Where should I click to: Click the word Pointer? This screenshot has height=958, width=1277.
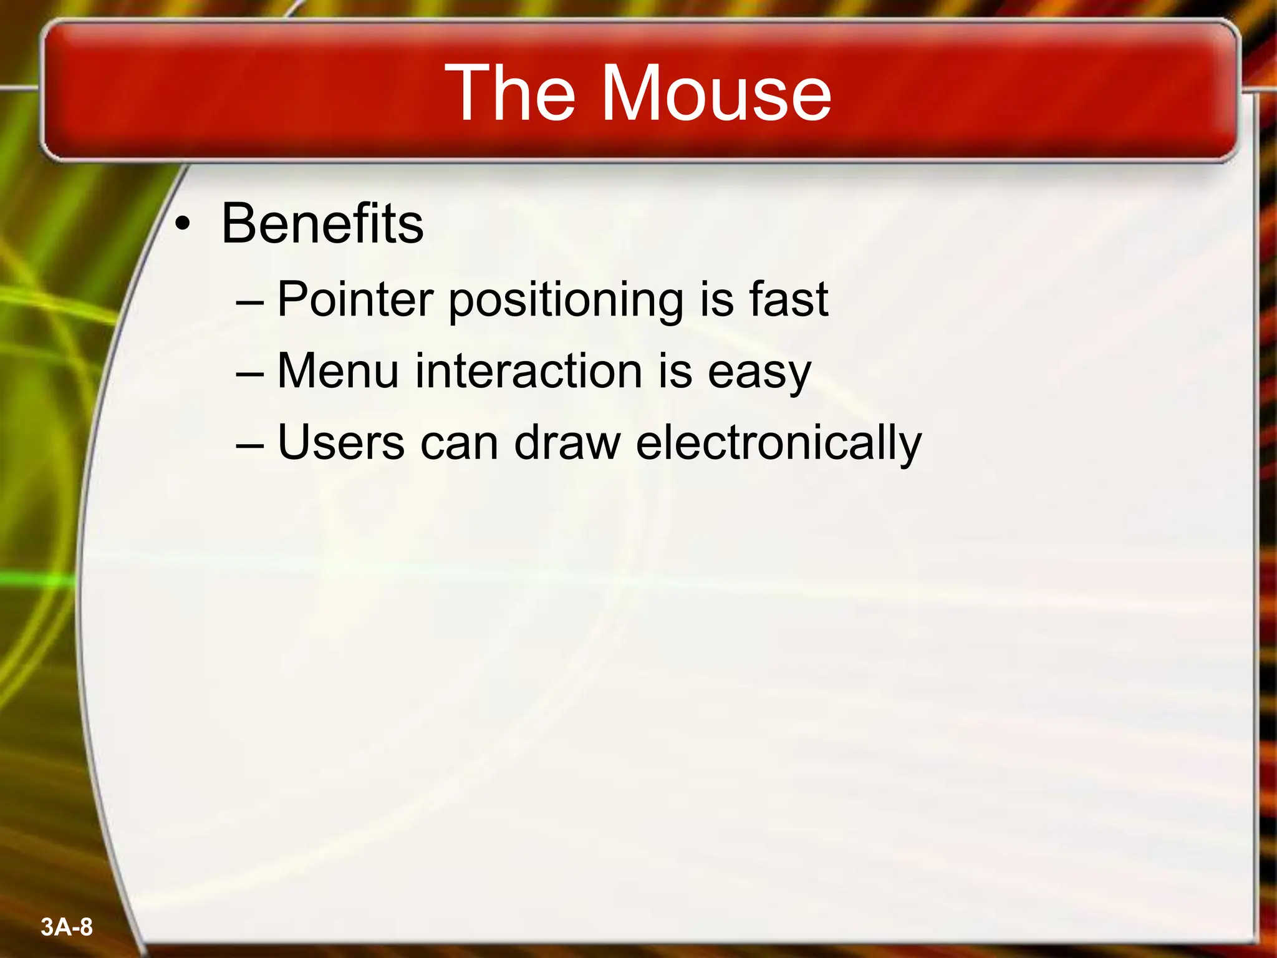click(x=355, y=299)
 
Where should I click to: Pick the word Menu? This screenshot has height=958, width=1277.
click(x=337, y=371)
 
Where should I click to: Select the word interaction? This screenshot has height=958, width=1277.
click(x=529, y=371)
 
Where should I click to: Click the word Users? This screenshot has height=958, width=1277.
click(x=340, y=443)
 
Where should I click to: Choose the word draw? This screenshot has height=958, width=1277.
click(x=567, y=443)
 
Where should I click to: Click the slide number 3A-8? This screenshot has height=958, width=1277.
click(x=67, y=927)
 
